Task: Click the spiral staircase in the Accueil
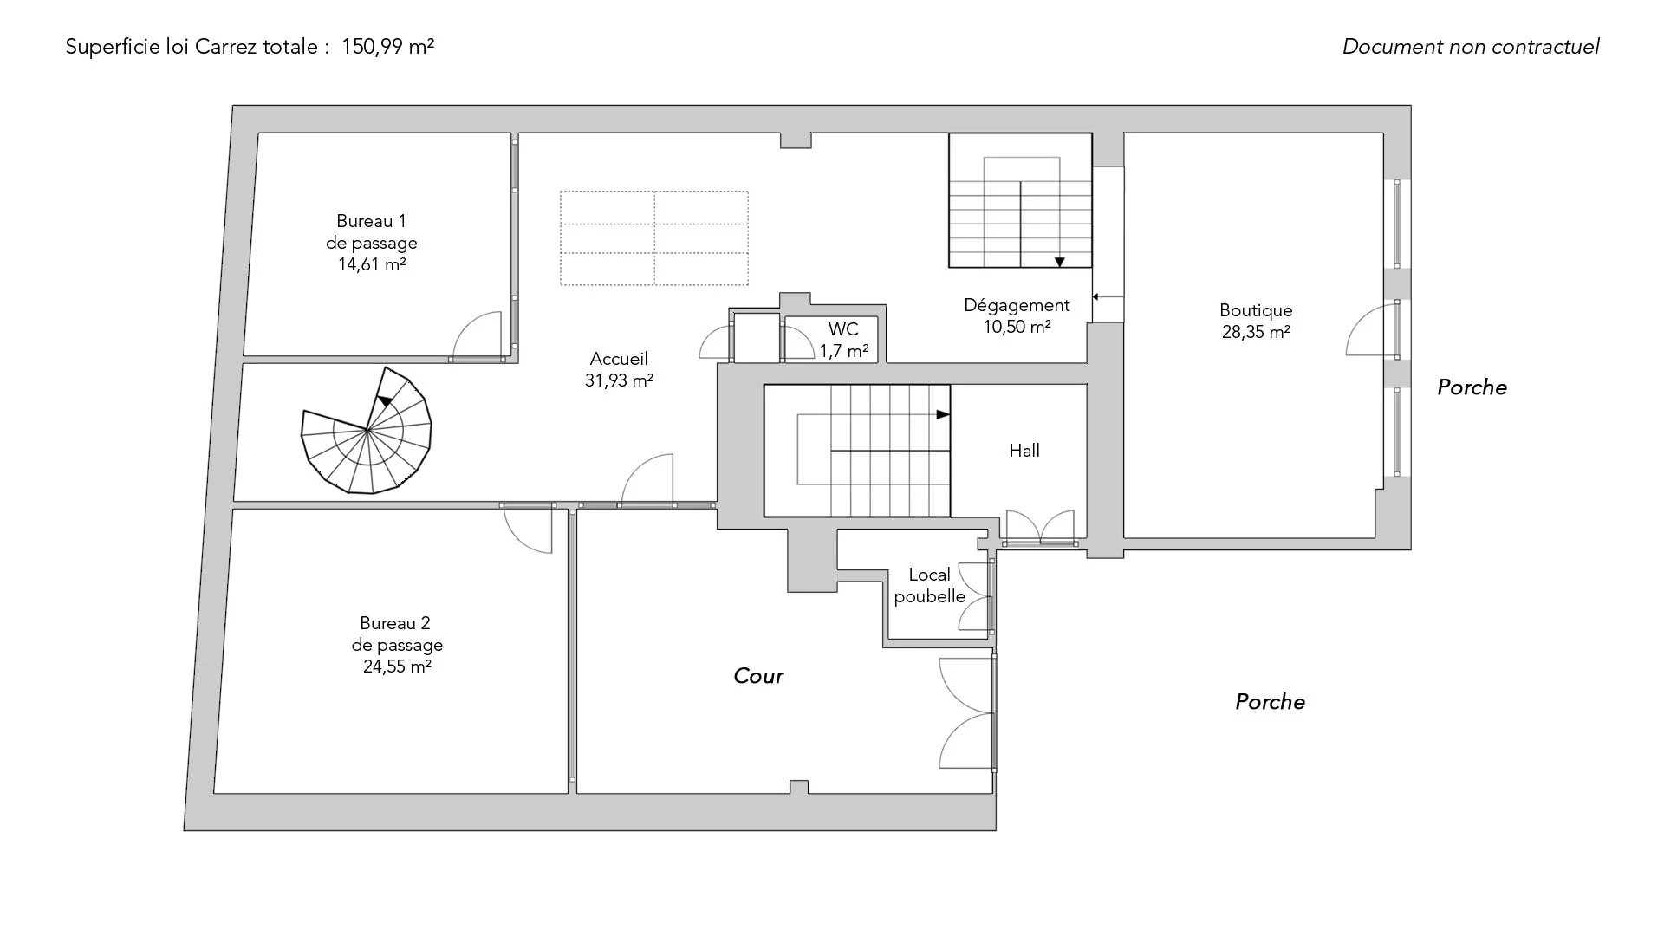click(367, 430)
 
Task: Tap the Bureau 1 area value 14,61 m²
click(372, 264)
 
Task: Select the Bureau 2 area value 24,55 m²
click(397, 666)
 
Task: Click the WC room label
click(843, 329)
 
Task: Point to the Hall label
click(1024, 451)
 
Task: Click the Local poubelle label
click(930, 586)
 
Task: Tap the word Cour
click(758, 676)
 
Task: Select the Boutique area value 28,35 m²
click(1256, 332)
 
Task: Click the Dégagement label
click(1017, 305)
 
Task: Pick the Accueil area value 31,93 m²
click(619, 380)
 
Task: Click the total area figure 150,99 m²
click(387, 47)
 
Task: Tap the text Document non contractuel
click(1471, 47)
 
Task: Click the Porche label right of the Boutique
click(1472, 387)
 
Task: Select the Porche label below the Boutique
click(1270, 702)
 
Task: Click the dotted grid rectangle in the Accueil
click(654, 238)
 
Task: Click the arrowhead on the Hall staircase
click(943, 415)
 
